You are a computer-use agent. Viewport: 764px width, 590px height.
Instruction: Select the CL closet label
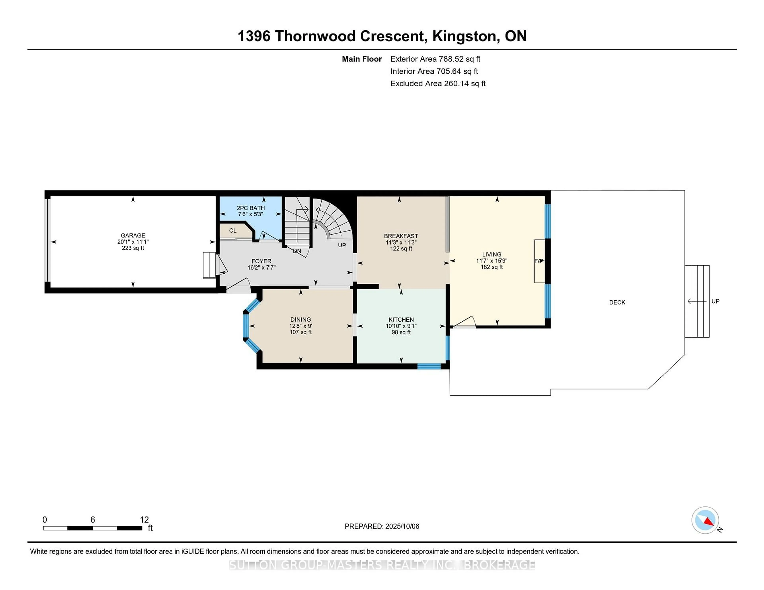(233, 231)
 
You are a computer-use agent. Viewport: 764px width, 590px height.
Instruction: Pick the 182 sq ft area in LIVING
(491, 267)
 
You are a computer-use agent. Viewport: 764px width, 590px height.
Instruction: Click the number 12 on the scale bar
(144, 520)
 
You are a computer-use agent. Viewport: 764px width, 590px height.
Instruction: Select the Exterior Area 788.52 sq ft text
(436, 59)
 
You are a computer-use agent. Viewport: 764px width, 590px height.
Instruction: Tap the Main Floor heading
(362, 59)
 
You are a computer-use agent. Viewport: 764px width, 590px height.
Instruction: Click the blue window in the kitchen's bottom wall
(429, 366)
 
